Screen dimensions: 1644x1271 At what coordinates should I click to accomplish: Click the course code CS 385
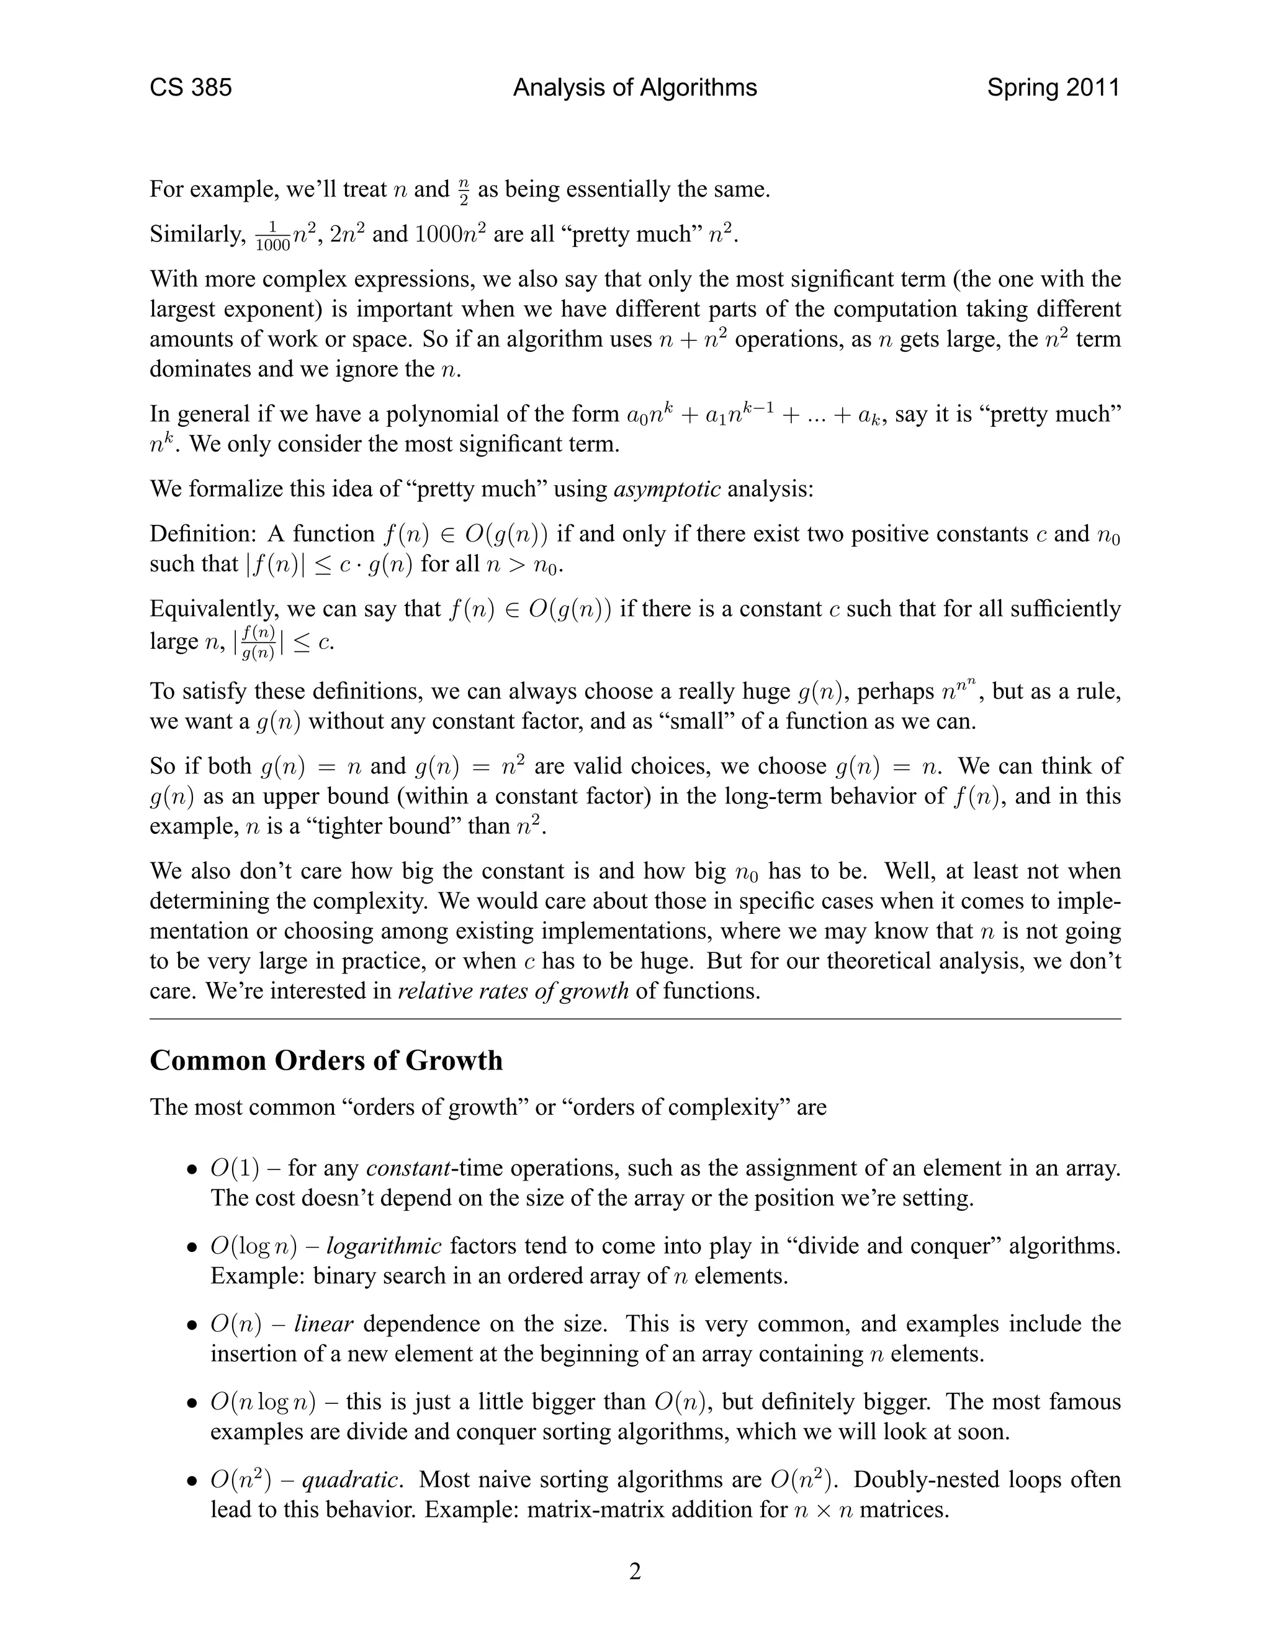tap(191, 88)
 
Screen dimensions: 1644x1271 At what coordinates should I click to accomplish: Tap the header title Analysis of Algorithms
tap(635, 88)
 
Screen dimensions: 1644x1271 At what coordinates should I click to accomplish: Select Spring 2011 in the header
tap(1053, 88)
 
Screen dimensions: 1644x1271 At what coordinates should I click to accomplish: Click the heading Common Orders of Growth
tap(326, 1061)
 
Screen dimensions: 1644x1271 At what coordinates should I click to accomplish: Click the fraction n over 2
tap(463, 190)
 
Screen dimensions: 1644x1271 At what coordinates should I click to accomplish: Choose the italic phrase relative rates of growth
tap(513, 991)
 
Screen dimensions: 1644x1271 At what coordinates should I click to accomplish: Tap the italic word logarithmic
tap(384, 1246)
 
